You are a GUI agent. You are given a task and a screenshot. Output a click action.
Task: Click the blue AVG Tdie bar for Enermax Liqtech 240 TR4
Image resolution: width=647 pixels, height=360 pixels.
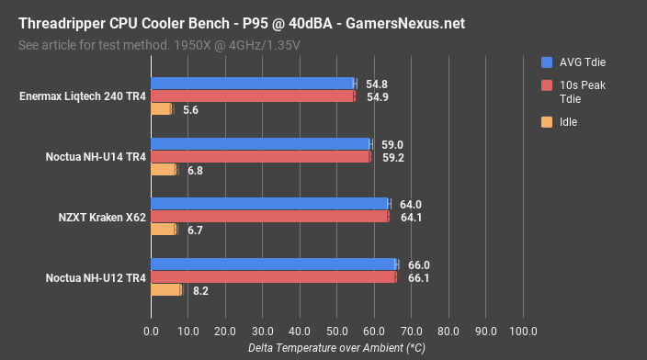pos(253,84)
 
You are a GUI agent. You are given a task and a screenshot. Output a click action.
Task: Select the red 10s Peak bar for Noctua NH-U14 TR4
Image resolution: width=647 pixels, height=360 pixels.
pos(260,156)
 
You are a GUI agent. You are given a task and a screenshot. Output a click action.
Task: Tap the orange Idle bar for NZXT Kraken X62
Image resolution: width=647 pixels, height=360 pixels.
pos(163,230)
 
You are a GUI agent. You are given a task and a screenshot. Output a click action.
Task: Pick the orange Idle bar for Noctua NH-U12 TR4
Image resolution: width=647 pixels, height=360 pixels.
pos(165,289)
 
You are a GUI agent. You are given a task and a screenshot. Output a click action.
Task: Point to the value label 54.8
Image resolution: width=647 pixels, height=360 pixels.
pos(375,84)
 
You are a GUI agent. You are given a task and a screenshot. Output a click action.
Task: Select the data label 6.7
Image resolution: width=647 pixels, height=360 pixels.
pos(193,230)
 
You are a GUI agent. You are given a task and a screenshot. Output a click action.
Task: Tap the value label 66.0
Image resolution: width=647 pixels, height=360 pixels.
pos(418,264)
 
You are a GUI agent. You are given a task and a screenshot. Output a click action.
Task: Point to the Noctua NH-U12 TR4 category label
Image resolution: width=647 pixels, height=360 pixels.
pos(96,276)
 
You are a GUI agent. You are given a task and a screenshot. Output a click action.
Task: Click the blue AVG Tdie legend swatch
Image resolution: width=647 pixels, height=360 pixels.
pos(547,62)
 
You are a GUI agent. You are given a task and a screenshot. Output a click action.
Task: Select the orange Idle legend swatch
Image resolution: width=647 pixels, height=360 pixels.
pos(547,121)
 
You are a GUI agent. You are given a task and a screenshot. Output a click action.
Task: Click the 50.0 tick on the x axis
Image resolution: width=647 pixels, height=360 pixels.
pos(336,331)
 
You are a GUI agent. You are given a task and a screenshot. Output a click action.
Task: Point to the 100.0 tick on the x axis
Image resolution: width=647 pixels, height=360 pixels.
pos(523,331)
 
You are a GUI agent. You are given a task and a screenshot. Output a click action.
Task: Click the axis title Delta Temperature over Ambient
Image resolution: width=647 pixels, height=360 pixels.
pos(336,348)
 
